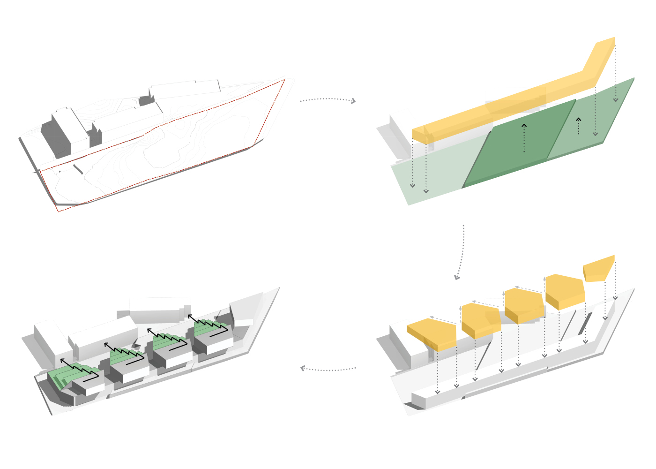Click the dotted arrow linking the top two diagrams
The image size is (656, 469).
tap(328, 99)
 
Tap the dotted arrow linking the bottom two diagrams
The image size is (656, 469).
tap(328, 370)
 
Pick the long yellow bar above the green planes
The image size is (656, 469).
tap(506, 103)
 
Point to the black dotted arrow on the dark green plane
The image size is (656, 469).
tap(524, 138)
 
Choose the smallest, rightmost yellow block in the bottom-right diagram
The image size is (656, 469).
tap(599, 269)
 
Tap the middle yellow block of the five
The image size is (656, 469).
tap(524, 305)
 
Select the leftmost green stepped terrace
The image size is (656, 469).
tap(63, 378)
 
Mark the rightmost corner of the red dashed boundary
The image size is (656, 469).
tap(284, 80)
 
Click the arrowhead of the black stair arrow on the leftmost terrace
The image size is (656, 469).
tap(61, 360)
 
